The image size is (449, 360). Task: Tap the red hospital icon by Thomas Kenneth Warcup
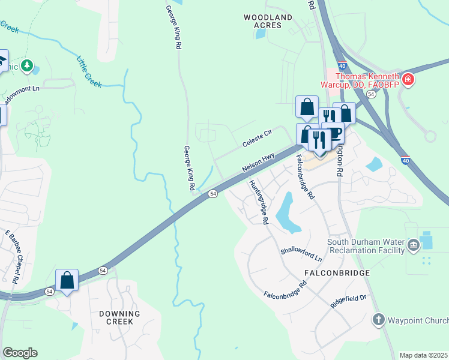[x=408, y=79]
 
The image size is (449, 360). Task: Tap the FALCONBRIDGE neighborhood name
[x=336, y=272]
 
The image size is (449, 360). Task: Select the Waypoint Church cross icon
[x=378, y=319]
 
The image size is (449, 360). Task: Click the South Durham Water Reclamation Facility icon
[x=413, y=244]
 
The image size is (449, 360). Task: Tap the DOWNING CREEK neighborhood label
[x=119, y=317]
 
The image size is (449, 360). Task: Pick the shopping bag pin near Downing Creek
[x=67, y=280]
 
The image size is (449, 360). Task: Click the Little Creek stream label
[x=89, y=71]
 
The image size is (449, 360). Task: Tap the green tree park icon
[x=26, y=65]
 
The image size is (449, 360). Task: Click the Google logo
[x=20, y=353]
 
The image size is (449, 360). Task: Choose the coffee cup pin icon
[x=334, y=132]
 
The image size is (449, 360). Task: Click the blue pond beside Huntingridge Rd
[x=286, y=214]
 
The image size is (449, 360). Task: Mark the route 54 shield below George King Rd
[x=212, y=194]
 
